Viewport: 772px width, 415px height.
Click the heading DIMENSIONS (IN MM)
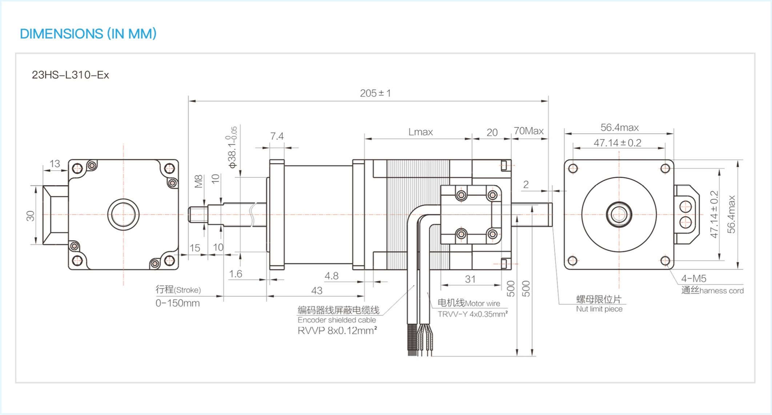(88, 34)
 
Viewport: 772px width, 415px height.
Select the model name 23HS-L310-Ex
(70, 75)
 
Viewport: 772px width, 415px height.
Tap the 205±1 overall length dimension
(375, 93)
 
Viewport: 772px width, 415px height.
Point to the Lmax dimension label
(420, 132)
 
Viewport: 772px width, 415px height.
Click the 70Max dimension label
(528, 131)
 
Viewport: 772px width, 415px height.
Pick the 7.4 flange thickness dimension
(277, 136)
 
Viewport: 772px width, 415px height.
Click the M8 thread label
(198, 181)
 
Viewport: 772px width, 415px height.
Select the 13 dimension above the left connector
(55, 164)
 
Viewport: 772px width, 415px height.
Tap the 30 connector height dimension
(30, 216)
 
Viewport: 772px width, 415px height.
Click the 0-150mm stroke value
(177, 303)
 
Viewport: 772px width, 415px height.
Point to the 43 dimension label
(317, 291)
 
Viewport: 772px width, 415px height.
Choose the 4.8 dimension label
(331, 276)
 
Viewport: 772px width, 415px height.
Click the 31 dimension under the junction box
(470, 279)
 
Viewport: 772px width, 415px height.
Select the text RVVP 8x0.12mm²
(337, 331)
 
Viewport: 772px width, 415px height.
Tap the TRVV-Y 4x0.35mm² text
(472, 314)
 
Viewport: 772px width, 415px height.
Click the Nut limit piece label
(599, 309)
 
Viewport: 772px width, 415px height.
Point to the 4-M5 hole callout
(693, 279)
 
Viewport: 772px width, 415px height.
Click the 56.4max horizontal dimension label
(619, 128)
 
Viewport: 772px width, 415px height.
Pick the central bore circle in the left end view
(123, 214)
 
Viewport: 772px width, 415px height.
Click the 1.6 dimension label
(236, 274)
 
